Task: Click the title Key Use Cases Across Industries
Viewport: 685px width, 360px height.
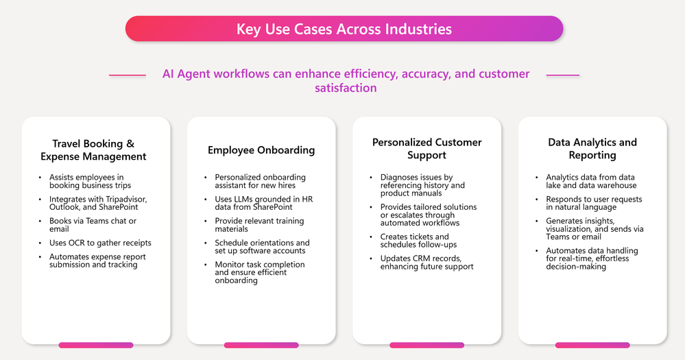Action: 344,29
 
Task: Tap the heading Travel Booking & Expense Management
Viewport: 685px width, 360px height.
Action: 93,150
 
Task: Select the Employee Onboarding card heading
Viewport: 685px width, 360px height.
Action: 261,150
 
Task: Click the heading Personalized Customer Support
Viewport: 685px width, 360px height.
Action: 426,149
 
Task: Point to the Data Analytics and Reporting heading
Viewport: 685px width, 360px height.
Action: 592,149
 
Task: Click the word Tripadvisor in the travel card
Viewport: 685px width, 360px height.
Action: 126,200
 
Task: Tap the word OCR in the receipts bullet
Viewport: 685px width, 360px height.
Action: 77,243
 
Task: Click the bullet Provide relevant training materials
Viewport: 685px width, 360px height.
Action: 259,225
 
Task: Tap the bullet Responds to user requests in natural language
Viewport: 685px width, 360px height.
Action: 594,203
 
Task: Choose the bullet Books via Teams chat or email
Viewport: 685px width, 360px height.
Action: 93,225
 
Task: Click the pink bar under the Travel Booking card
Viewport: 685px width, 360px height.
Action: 96,345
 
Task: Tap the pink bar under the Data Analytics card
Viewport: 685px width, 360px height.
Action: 592,345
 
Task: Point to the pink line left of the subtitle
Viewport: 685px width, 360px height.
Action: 127,75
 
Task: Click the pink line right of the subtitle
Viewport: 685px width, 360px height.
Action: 563,75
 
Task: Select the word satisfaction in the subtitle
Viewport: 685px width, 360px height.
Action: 346,88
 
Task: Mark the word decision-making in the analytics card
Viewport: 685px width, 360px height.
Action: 576,267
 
